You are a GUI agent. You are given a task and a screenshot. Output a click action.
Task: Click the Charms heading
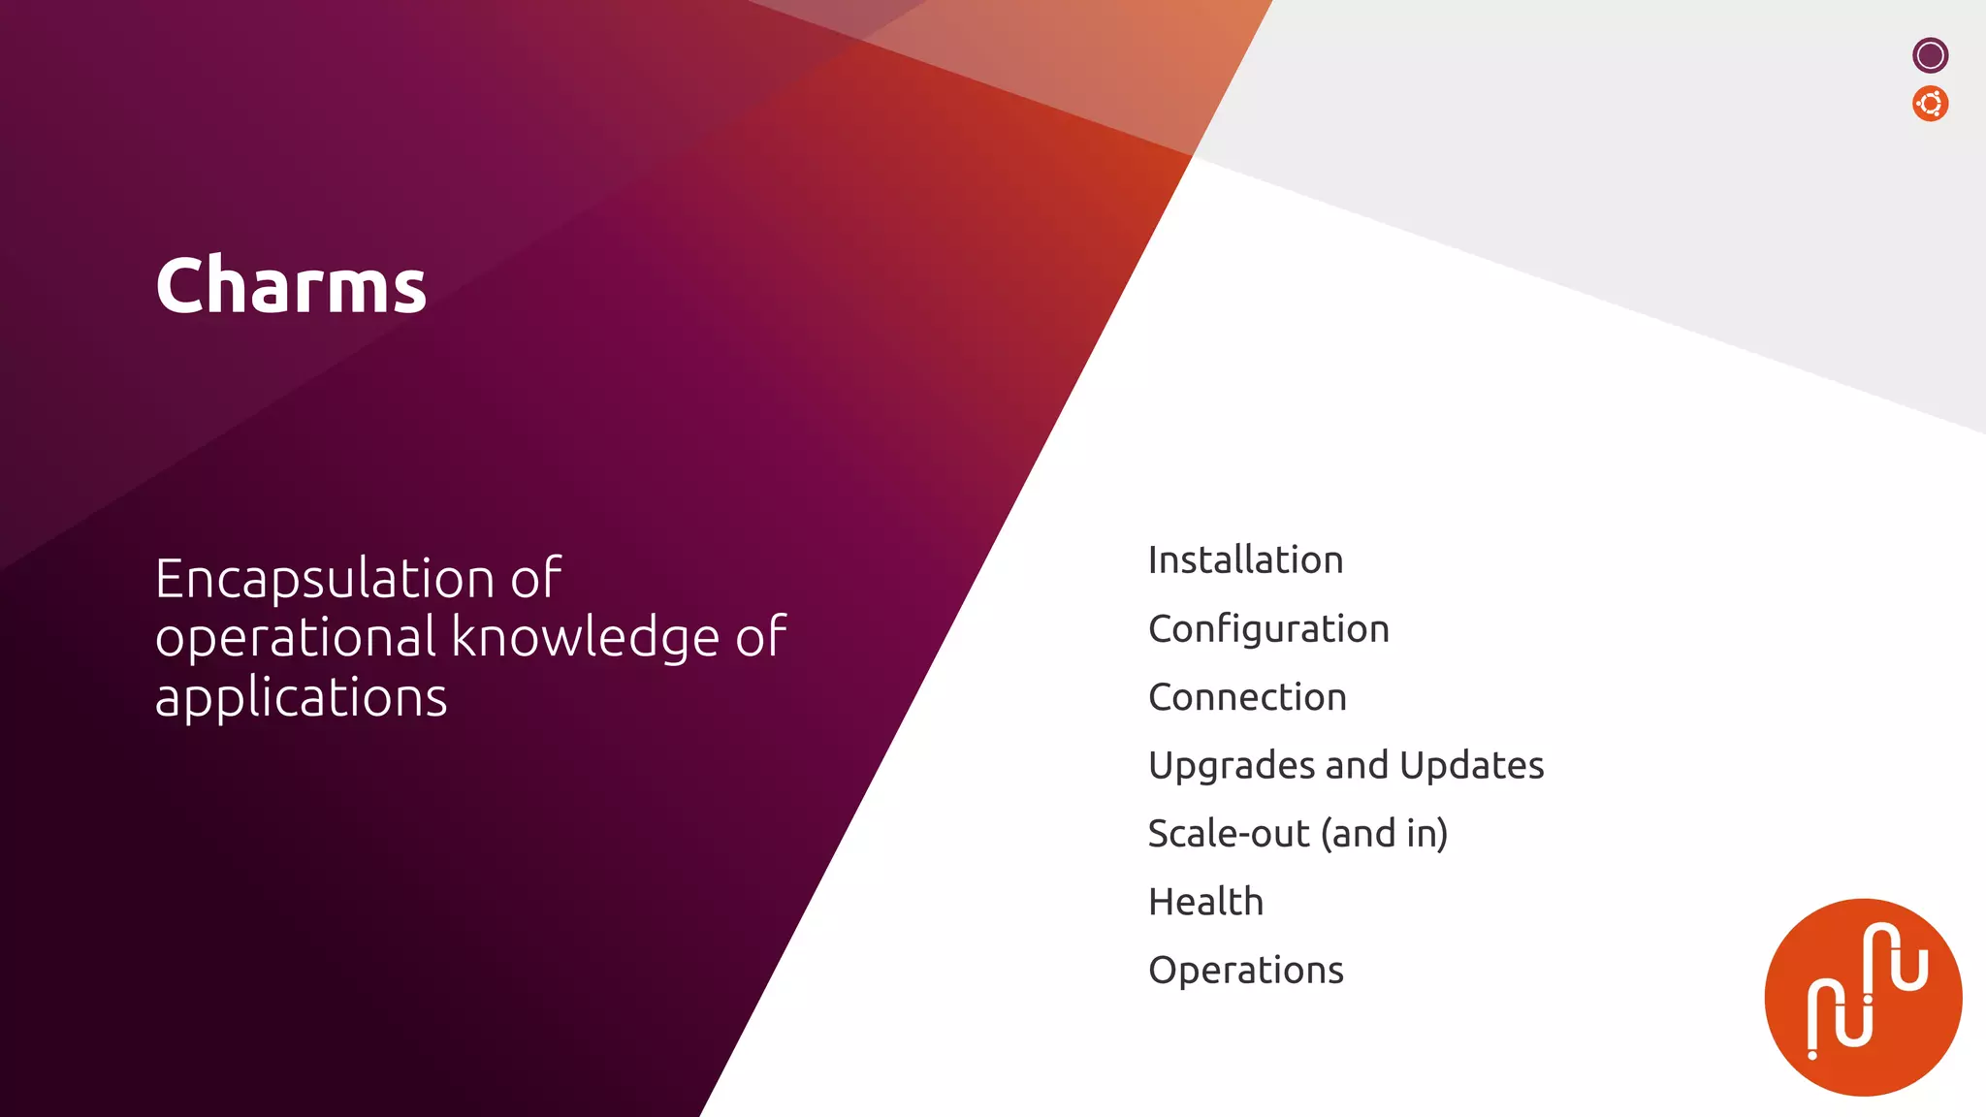click(x=291, y=285)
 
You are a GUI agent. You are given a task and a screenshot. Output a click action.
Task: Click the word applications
click(x=301, y=698)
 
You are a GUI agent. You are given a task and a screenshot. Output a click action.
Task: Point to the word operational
click(x=296, y=638)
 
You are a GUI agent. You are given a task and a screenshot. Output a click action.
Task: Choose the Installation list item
click(x=1245, y=560)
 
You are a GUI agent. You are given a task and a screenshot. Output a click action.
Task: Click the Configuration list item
click(x=1268, y=629)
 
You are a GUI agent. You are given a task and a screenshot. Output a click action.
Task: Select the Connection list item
click(x=1247, y=697)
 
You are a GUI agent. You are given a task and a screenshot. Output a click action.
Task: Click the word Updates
click(x=1472, y=766)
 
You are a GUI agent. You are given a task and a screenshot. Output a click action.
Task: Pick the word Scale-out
click(x=1229, y=834)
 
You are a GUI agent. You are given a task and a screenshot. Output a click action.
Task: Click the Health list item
click(x=1205, y=902)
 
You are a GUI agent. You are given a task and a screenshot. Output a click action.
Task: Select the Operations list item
click(x=1245, y=971)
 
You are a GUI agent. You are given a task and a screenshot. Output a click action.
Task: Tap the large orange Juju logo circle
click(x=1862, y=997)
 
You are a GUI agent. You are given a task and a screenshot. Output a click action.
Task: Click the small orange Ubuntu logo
click(x=1930, y=104)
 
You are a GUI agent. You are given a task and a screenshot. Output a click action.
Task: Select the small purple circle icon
click(x=1930, y=55)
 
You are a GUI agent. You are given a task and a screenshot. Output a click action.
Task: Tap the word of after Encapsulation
click(x=535, y=579)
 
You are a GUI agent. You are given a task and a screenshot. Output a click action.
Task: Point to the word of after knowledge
click(x=760, y=638)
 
